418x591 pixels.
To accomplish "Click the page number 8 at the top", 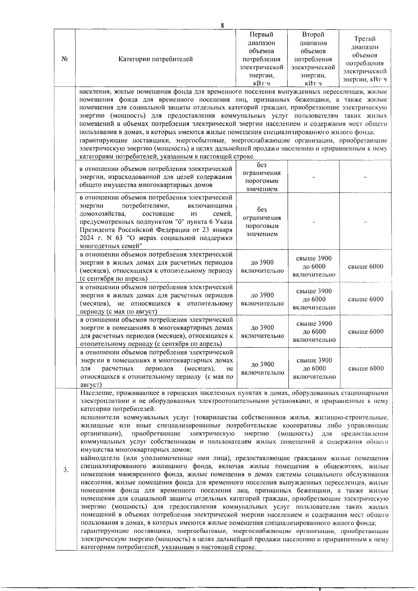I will coord(222,25).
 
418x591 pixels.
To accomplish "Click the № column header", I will coord(64,59).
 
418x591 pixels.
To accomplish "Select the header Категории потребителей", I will coord(156,59).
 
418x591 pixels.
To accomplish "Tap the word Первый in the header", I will coord(262,34).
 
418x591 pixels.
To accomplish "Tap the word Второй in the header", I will coord(313,34).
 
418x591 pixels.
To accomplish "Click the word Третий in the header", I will coord(365,39).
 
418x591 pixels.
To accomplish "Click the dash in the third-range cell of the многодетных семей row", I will coord(365,222).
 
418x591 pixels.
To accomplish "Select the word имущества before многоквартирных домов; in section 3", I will coord(94,450).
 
